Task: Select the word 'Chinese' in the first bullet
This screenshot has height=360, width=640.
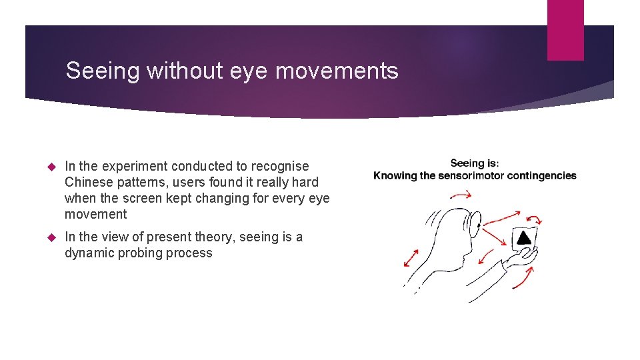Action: (90, 182)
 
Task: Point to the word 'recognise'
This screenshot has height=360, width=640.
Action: (280, 166)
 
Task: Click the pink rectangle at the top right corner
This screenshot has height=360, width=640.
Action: (565, 30)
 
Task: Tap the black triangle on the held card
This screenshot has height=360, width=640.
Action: (525, 237)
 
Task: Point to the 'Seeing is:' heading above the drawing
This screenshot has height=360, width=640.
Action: (475, 163)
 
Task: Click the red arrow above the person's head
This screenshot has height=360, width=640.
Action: (460, 195)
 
